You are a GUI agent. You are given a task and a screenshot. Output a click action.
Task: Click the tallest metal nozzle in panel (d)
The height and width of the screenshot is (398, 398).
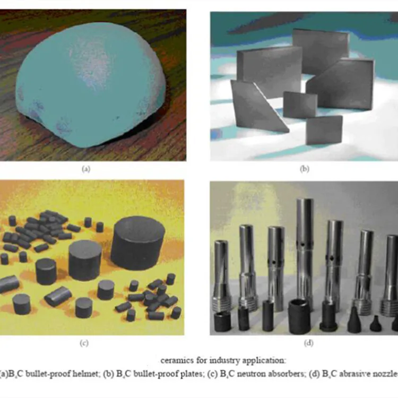pos(305,249)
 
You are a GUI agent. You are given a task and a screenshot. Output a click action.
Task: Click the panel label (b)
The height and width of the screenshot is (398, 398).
pos(304,169)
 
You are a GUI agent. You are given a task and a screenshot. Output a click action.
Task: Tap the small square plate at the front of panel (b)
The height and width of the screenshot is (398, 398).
pos(324,129)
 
